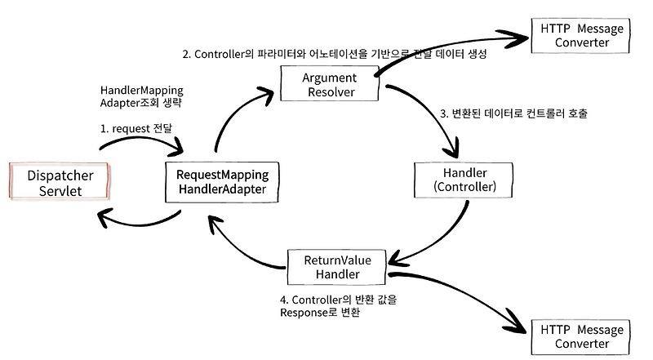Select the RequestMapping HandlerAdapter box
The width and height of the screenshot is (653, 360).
click(x=217, y=182)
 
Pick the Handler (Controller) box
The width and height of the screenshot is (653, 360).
click(x=463, y=180)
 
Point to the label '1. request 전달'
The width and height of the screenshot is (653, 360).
click(x=135, y=128)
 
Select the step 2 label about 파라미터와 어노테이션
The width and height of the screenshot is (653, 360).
click(x=335, y=56)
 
